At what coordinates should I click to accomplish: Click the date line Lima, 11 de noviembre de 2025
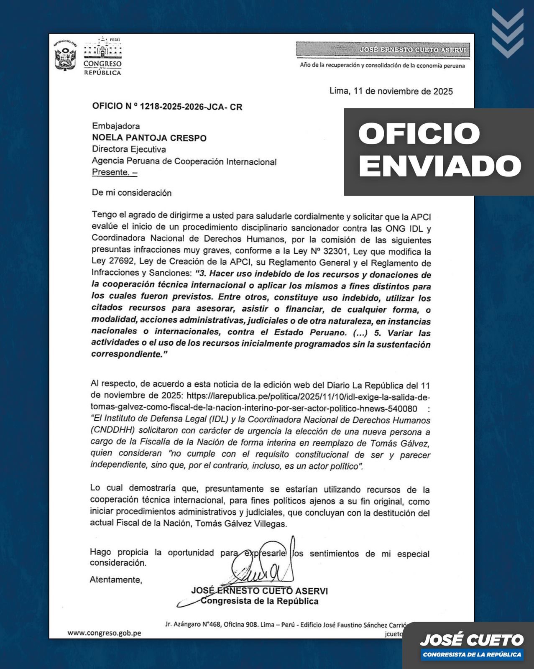391,91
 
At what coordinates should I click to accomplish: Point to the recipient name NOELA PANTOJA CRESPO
149,138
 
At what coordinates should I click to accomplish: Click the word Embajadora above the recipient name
116,126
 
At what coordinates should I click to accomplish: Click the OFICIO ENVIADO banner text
439,150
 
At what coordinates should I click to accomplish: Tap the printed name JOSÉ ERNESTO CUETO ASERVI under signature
259,591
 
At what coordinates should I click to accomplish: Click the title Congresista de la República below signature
259,601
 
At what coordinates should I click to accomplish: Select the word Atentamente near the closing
116,580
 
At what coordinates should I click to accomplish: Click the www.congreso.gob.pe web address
104,633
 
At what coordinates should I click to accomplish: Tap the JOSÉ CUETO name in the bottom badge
471,640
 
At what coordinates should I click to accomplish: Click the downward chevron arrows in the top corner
507,33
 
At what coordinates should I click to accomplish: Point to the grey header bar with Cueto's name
383,50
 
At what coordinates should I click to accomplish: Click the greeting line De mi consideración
132,193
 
